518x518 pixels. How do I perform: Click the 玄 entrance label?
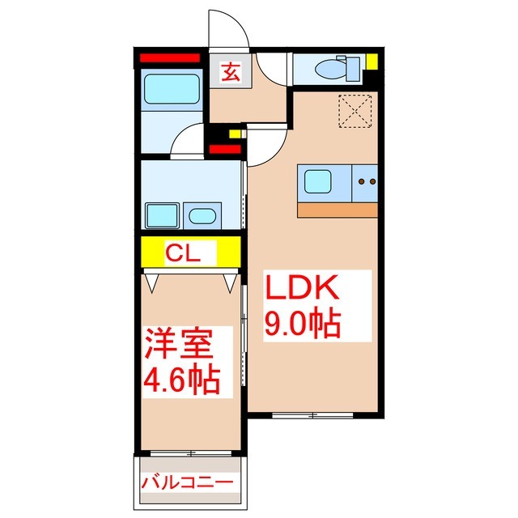click(x=229, y=72)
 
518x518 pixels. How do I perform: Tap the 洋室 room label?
click(x=180, y=344)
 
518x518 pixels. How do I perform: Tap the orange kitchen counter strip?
click(x=338, y=210)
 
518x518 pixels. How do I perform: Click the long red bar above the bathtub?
click(x=170, y=58)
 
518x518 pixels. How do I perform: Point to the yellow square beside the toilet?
click(x=372, y=62)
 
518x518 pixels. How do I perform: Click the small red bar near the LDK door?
click(x=224, y=149)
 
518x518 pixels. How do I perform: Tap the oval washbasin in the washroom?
click(x=201, y=216)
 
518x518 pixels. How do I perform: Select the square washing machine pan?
click(x=162, y=217)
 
